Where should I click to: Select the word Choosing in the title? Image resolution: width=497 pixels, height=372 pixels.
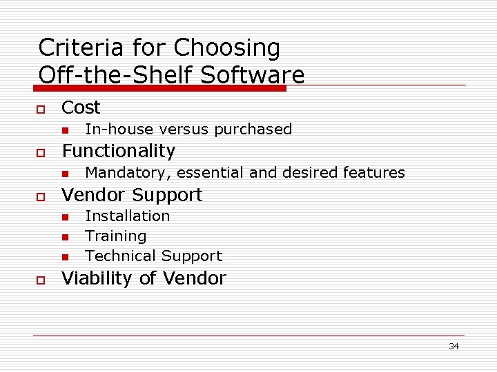(227, 48)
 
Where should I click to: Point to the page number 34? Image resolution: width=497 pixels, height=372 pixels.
(454, 346)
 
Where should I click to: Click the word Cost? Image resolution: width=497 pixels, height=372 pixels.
(81, 107)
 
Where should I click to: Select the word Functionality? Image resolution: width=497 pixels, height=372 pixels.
(119, 151)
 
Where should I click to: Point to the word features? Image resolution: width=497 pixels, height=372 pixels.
(375, 172)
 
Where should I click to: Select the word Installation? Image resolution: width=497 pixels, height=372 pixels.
(127, 216)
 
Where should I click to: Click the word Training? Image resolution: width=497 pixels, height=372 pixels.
(115, 236)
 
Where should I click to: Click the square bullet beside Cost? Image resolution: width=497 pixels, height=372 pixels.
(41, 109)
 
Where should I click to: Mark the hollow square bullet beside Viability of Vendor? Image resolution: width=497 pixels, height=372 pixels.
(41, 280)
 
